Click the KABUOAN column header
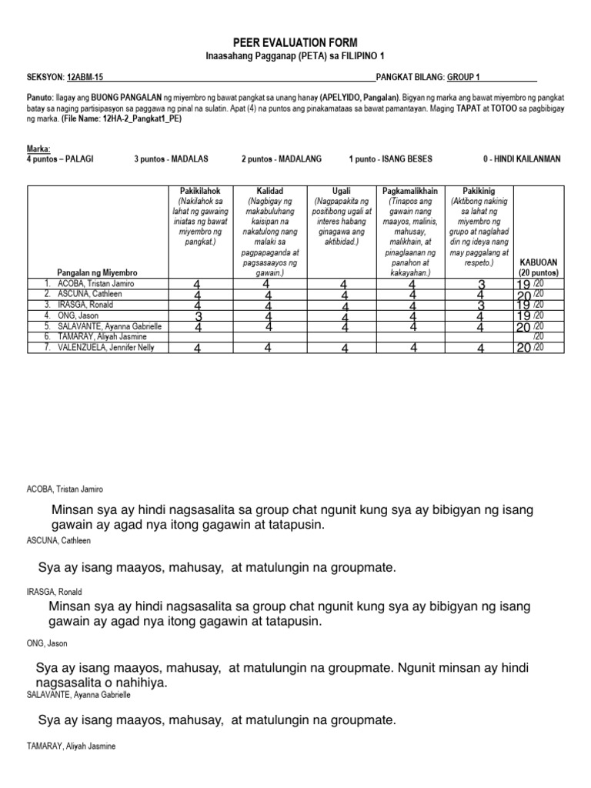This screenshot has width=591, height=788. [x=539, y=262]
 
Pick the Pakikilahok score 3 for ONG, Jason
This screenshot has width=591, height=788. [x=199, y=316]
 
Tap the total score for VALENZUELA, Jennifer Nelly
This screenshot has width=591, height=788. [x=523, y=348]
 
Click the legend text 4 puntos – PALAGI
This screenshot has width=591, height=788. [x=59, y=159]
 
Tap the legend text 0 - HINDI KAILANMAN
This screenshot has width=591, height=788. [x=522, y=159]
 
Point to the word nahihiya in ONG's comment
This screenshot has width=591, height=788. [x=139, y=683]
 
